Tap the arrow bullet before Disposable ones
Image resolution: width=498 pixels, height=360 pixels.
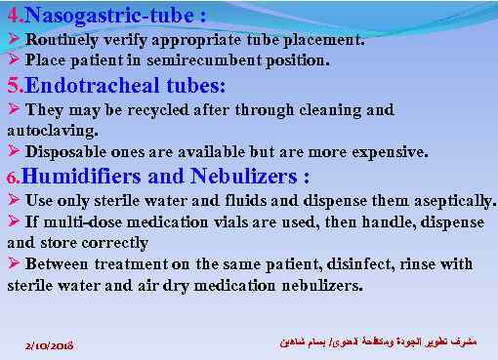[13, 152]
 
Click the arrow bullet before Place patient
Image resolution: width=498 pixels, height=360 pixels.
[13, 60]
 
